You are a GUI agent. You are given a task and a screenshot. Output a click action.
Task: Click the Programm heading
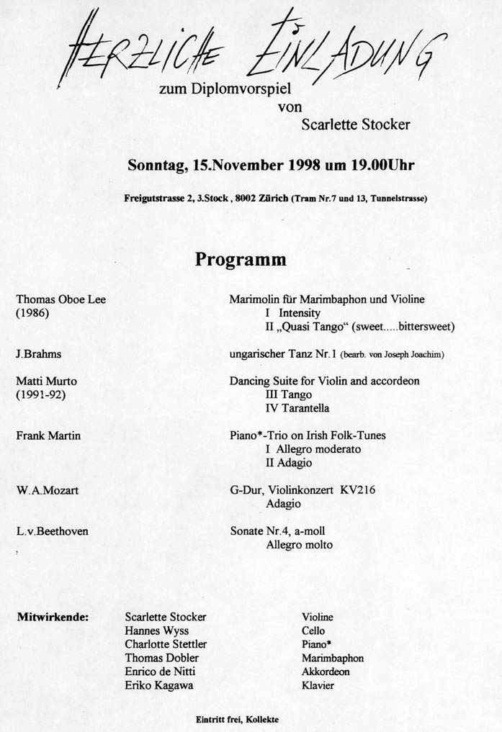240,259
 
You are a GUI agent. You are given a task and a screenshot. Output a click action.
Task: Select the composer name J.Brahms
39,353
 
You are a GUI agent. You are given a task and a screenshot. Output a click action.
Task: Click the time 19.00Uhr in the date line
382,165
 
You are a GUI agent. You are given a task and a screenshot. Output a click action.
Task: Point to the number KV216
359,490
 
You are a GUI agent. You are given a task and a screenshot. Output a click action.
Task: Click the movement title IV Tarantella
297,408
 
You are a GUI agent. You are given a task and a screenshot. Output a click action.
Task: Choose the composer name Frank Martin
48,435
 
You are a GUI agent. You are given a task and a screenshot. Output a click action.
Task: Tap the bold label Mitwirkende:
53,617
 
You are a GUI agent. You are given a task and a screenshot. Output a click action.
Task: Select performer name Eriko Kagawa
158,685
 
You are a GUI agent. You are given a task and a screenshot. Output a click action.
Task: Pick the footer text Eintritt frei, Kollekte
237,719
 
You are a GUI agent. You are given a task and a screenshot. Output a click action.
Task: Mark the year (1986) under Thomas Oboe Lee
32,313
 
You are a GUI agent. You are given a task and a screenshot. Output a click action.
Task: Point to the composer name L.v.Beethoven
53,531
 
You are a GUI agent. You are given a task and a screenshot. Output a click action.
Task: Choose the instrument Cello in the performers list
314,631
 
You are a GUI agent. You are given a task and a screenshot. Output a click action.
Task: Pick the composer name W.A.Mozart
47,490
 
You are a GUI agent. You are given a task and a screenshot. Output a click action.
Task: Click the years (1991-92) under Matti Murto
40,394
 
